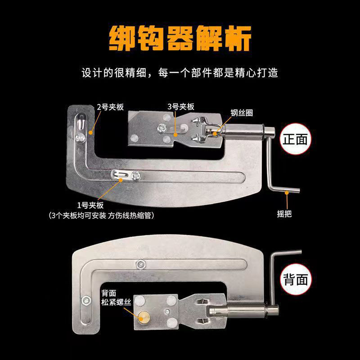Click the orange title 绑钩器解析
pos(180,38)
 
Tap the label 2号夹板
pos(110,107)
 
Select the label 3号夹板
pos(181,107)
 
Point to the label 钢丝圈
pos(242,113)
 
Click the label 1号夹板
pos(90,205)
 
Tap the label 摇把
pos(284,214)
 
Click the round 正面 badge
pos(295,139)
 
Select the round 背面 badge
pos(296,279)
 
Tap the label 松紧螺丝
pos(116,302)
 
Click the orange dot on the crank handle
pos(287,193)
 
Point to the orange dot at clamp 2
pos(91,132)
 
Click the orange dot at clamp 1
pos(121,180)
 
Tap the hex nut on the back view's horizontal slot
pos(140,264)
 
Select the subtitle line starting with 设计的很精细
pos(180,72)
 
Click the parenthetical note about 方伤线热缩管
pos(101,216)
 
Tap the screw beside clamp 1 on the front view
pos(136,175)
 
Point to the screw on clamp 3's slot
pos(162,128)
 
